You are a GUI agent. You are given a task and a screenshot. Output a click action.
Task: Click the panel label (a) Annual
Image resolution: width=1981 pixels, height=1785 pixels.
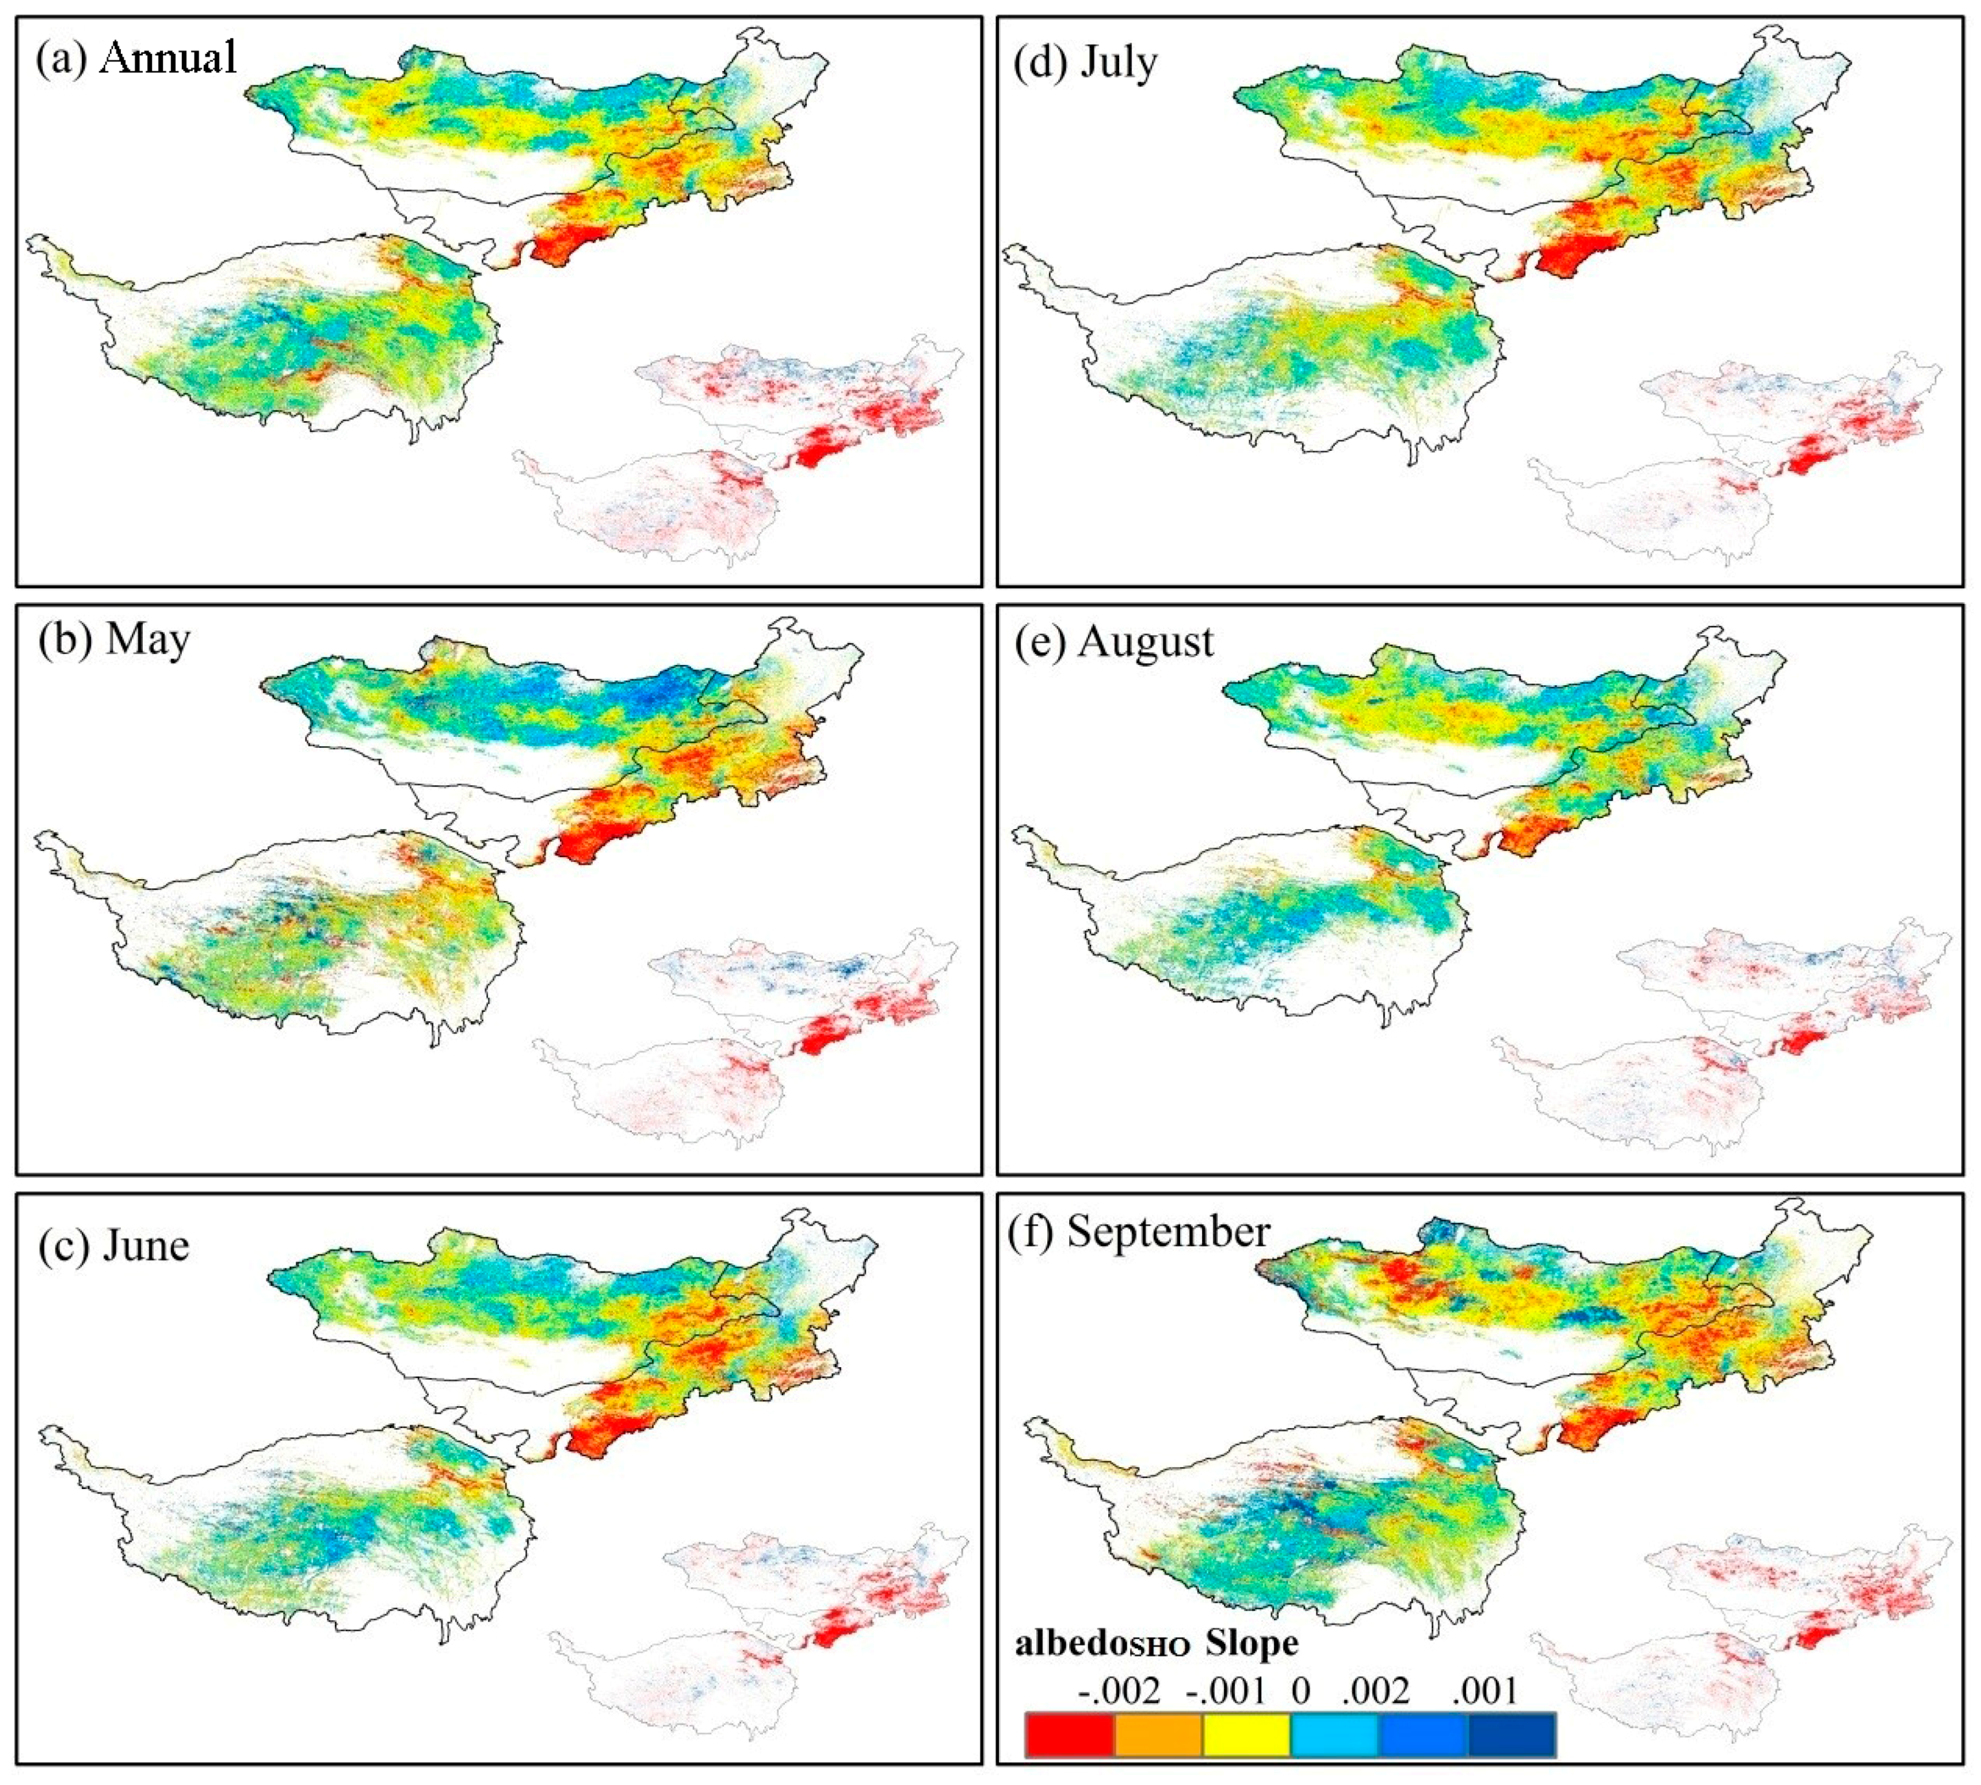135,59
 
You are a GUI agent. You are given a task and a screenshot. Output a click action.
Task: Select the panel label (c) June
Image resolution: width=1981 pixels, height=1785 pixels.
114,1246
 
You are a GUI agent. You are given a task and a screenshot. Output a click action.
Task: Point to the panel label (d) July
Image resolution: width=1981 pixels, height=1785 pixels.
1084,63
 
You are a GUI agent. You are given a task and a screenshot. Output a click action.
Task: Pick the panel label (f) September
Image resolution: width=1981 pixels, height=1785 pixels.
1139,1232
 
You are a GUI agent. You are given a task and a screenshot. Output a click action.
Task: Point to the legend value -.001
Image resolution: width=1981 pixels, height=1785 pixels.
1225,1691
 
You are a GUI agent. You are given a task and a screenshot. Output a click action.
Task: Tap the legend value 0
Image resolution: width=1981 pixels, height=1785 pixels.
1300,1691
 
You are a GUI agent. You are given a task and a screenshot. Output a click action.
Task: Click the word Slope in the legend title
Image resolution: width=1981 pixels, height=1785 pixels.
1252,1643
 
